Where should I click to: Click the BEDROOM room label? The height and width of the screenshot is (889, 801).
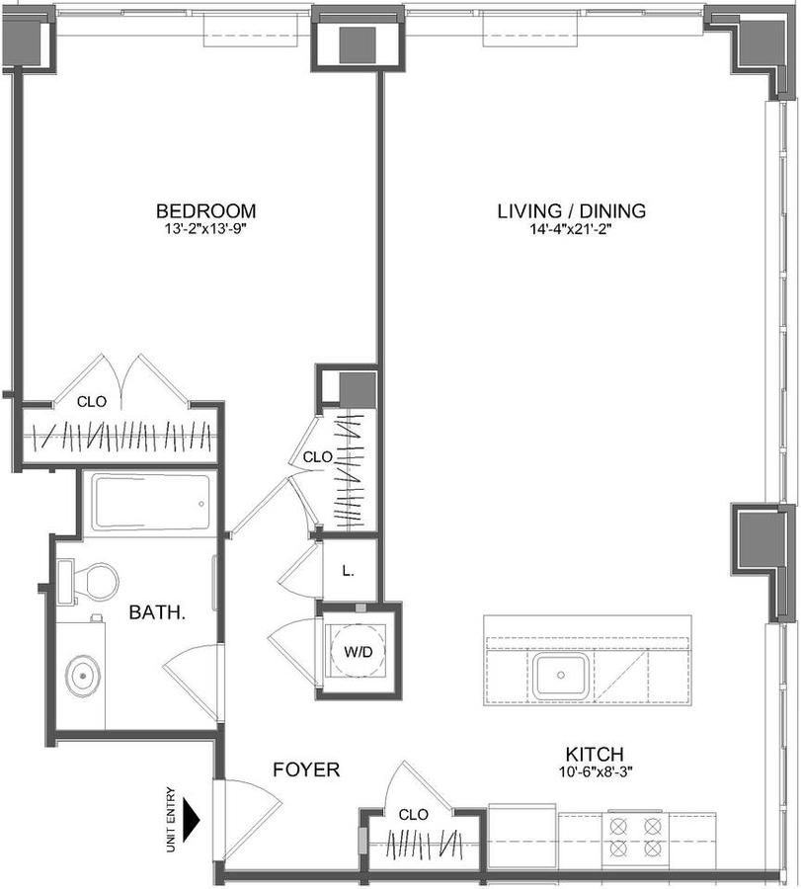[205, 211]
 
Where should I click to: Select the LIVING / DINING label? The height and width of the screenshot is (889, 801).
[572, 211]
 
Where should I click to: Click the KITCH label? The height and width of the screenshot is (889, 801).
[595, 755]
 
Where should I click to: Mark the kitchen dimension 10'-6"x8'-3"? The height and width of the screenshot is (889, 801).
[595, 771]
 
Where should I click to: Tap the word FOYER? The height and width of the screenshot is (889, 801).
[306, 769]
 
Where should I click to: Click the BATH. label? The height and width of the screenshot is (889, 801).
[157, 612]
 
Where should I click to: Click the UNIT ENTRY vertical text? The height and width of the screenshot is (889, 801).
[171, 819]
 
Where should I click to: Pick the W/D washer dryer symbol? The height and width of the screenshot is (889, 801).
[358, 651]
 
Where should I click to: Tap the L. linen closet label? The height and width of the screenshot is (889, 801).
[348, 572]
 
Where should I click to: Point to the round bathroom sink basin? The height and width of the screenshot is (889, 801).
[83, 676]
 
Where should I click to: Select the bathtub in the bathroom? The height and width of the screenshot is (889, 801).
[151, 504]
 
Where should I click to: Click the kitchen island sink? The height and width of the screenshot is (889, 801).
[561, 675]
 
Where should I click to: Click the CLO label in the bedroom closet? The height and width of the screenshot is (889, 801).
[92, 402]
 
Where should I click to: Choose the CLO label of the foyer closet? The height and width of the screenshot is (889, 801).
[413, 815]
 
